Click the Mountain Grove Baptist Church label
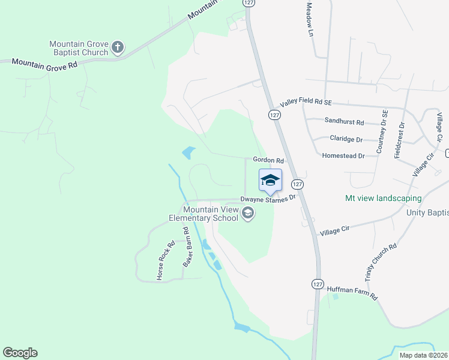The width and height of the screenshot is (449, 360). point(78,48)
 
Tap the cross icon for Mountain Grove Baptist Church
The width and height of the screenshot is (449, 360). point(117,48)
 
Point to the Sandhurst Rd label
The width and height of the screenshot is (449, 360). point(344,122)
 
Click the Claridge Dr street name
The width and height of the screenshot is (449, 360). point(346,139)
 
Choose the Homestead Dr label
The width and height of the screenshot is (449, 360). point(343,156)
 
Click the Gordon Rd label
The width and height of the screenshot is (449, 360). point(268,160)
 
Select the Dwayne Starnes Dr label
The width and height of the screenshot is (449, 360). point(268,197)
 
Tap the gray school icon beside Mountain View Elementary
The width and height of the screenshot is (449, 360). point(247,213)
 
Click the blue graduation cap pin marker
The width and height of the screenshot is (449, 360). point(270,181)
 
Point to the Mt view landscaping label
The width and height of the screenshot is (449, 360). point(383,198)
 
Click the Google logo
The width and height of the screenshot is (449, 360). point(20,352)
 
